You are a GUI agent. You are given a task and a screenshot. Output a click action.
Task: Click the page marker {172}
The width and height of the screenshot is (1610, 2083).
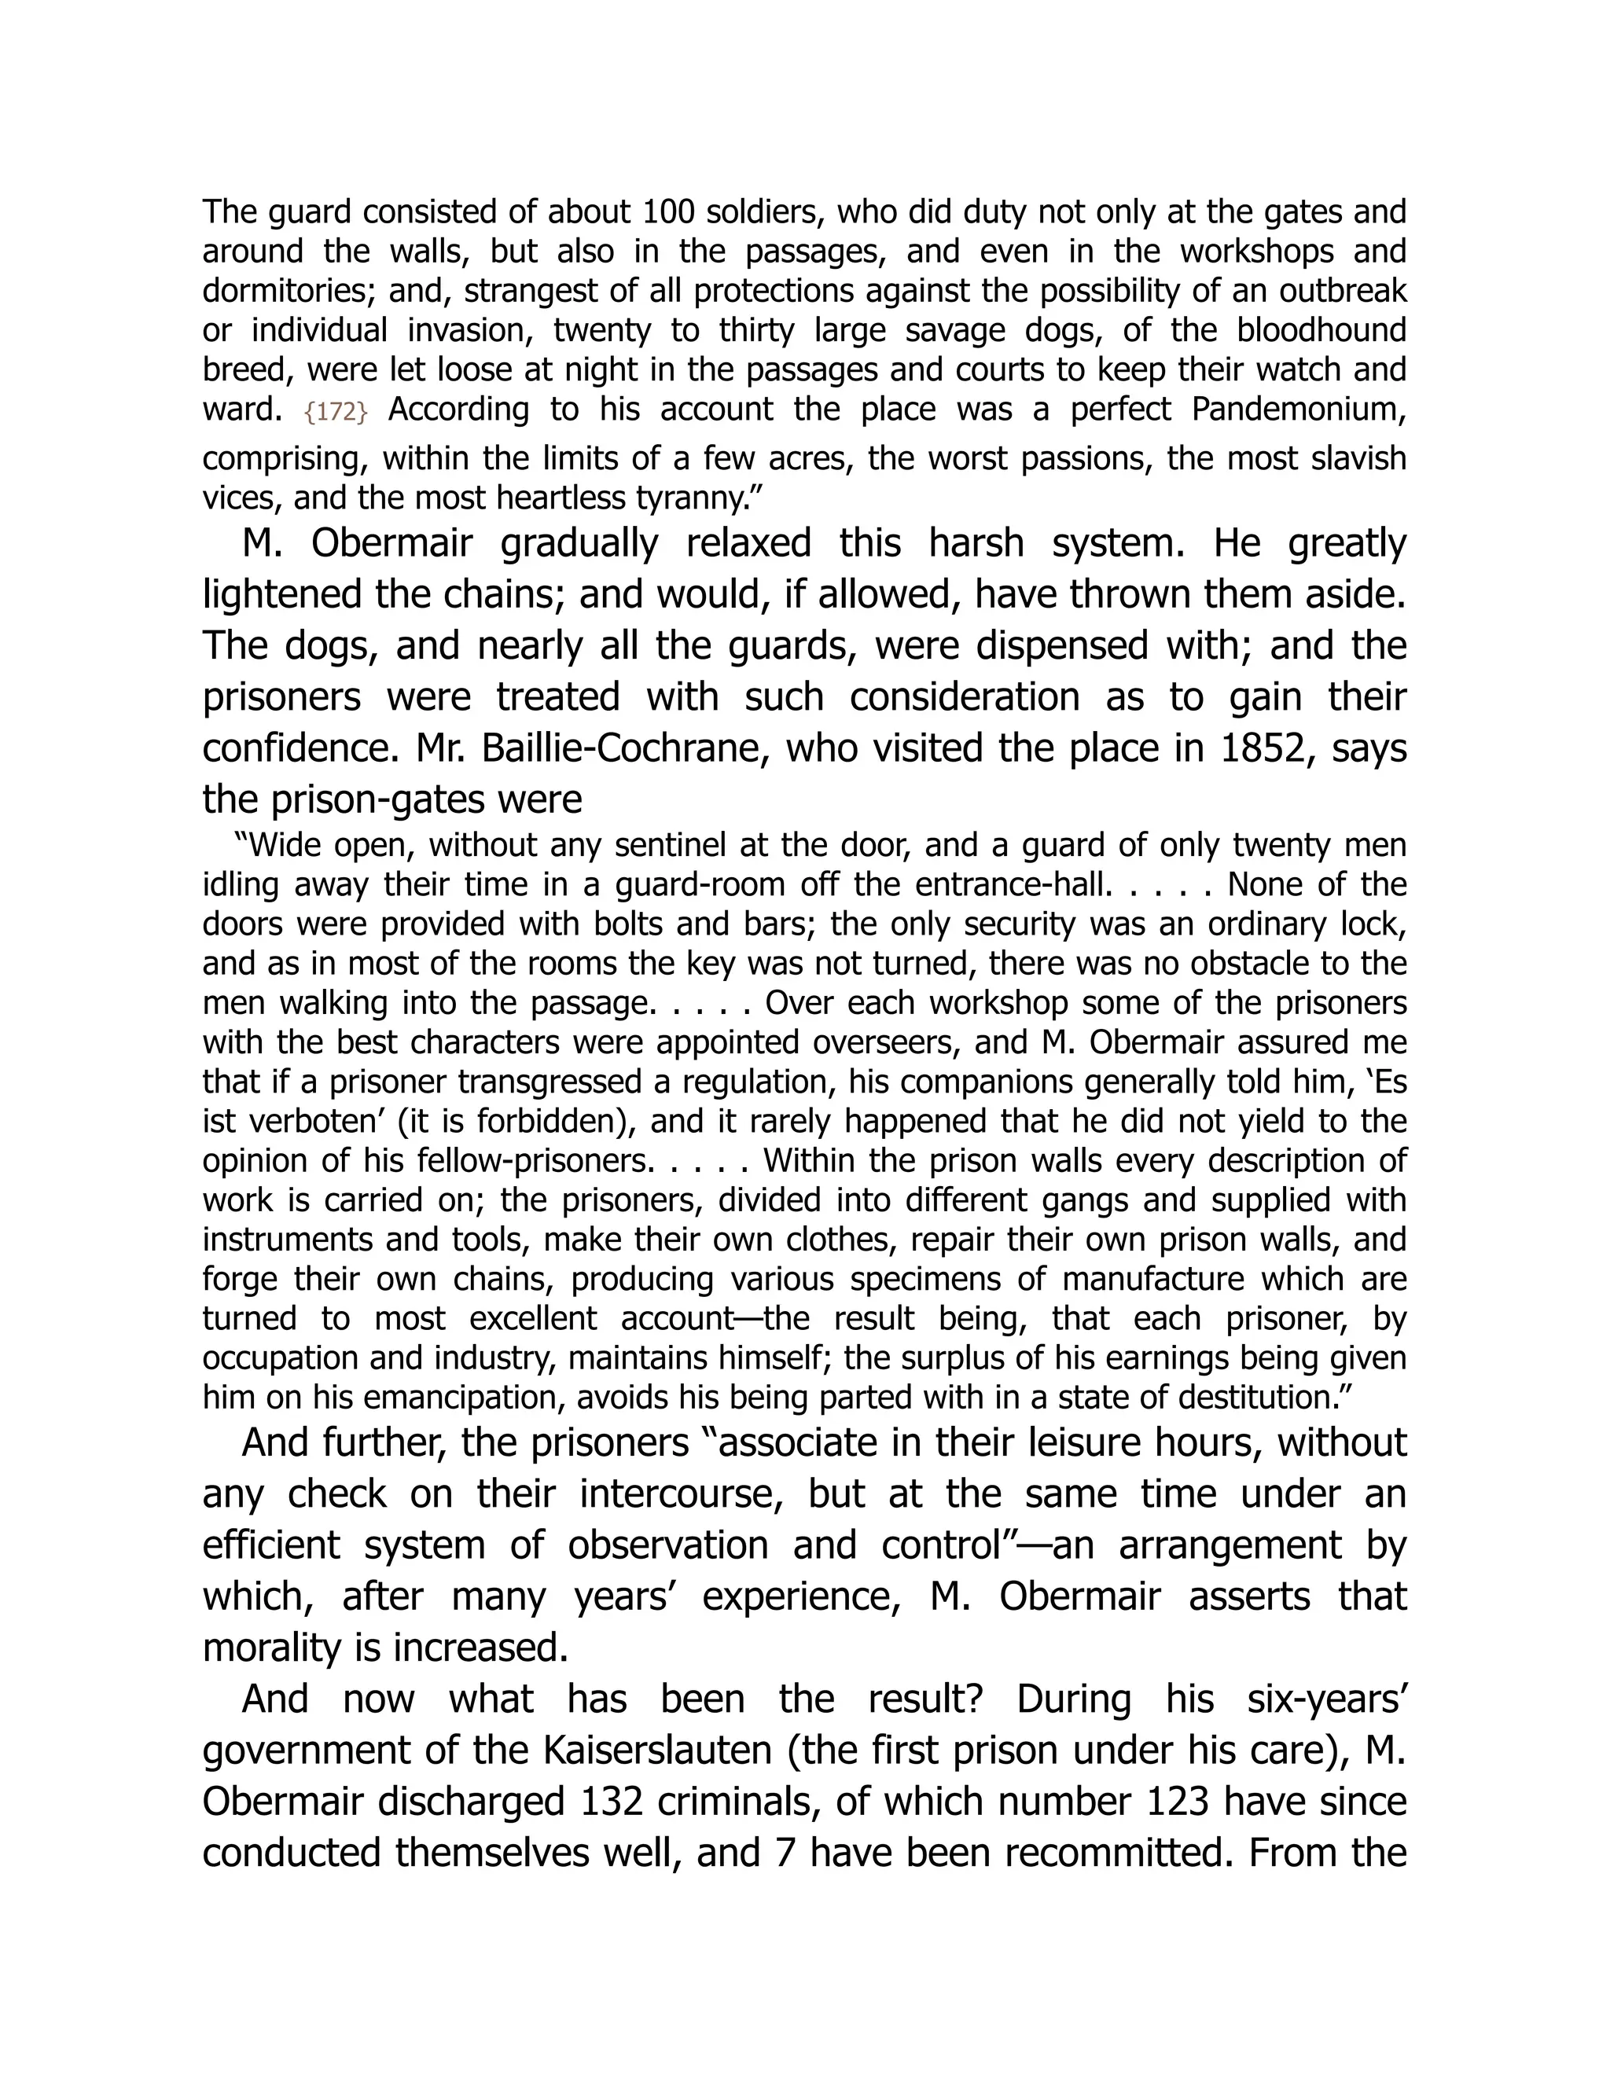336,412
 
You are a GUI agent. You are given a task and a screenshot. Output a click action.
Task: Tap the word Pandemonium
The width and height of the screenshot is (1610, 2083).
1299,410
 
